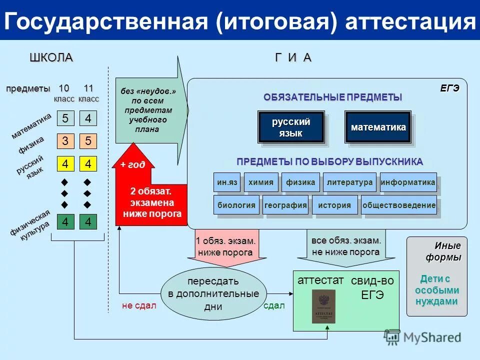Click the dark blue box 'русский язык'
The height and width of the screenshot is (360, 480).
pos(291,127)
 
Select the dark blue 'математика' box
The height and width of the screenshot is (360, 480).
pos(378,127)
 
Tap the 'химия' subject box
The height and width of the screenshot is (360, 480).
pos(260,182)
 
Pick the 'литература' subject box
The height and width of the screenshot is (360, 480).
pos(349,182)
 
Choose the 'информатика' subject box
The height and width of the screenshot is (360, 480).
pos(408,182)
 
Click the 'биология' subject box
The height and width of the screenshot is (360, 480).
pos(236,205)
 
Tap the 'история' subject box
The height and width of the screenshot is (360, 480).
pos(335,205)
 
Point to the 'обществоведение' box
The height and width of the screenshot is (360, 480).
pos(398,205)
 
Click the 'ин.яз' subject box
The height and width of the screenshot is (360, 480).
pos(226,182)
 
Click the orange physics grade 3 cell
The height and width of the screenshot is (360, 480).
pos(65,141)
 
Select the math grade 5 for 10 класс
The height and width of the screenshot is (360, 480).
pos(65,118)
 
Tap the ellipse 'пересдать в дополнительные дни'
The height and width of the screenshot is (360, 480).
pos(213,293)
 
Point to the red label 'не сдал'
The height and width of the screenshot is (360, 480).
pos(139,306)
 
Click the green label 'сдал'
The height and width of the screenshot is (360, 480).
pos(274,306)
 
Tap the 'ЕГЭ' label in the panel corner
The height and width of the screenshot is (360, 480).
pos(449,88)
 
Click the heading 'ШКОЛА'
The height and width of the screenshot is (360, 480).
pos(51,57)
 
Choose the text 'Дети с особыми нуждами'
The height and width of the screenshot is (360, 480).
pos(435,290)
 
